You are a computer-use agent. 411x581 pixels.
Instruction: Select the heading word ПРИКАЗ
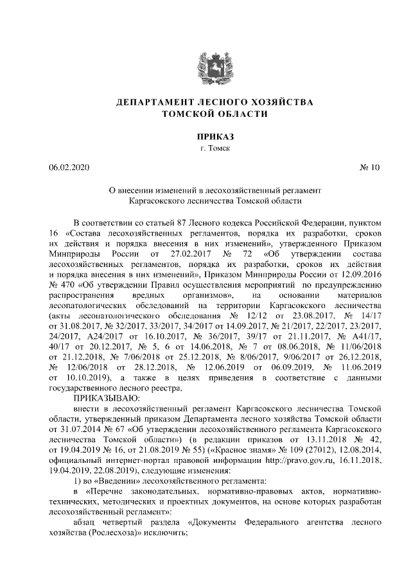pyautogui.click(x=205, y=136)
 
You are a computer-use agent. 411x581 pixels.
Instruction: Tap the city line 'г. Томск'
pyautogui.click(x=205, y=148)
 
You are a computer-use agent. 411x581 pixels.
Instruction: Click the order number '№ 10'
pyautogui.click(x=372, y=168)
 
